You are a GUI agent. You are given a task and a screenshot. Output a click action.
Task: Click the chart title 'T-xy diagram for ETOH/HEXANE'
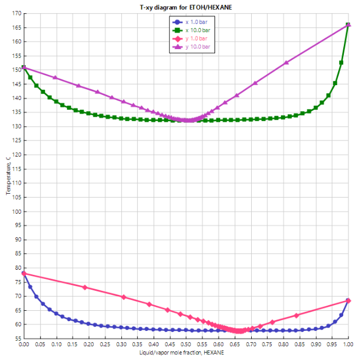pyautogui.click(x=186, y=7)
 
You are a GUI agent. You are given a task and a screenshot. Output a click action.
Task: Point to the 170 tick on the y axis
pyautogui.click(x=15, y=13)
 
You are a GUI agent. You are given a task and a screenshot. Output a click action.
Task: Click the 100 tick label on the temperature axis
pyautogui.click(x=15, y=211)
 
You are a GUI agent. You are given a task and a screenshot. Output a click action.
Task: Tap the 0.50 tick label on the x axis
pyautogui.click(x=186, y=345)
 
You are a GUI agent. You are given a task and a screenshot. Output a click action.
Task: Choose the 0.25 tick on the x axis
pyautogui.click(x=105, y=345)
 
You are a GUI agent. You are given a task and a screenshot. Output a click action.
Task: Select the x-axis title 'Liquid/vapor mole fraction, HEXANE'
pyautogui.click(x=186, y=353)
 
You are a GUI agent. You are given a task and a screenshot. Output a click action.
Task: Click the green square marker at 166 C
pyautogui.click(x=348, y=25)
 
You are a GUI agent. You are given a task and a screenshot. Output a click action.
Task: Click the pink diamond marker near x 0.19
pyautogui.click(x=85, y=287)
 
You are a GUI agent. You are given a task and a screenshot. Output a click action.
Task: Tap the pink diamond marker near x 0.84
pyautogui.click(x=296, y=315)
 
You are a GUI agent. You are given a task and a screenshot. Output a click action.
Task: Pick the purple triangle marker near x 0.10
pyautogui.click(x=55, y=77)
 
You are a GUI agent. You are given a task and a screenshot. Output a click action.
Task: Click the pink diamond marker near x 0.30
pyautogui.click(x=124, y=297)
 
